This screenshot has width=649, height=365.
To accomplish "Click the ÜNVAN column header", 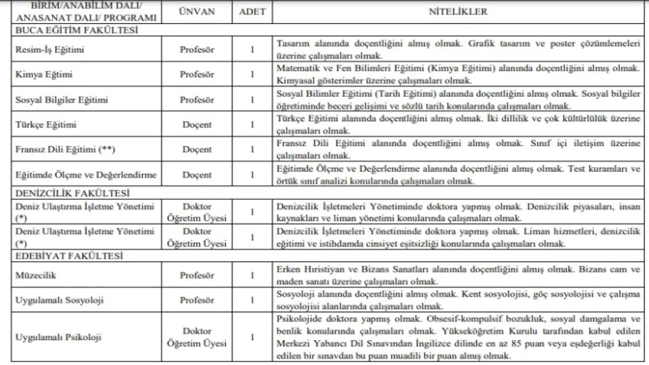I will (x=197, y=11).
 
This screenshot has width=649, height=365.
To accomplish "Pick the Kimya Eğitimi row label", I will (x=43, y=75).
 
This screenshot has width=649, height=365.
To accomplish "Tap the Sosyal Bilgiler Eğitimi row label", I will (x=61, y=100).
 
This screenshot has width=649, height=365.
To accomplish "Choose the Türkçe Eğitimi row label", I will (x=45, y=125).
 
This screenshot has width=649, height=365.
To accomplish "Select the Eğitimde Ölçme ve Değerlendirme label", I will (x=87, y=175).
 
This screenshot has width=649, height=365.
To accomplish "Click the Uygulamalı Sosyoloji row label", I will (x=59, y=300).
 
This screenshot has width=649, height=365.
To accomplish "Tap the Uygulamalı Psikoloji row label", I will (x=58, y=337).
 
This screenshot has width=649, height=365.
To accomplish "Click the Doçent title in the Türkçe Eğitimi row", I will (x=197, y=125).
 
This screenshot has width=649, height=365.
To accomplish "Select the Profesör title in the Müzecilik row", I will (x=197, y=275).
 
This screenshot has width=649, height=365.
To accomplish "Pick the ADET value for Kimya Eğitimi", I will (x=251, y=75).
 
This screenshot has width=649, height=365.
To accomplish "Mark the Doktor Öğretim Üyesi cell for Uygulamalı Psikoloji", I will (x=197, y=337).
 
